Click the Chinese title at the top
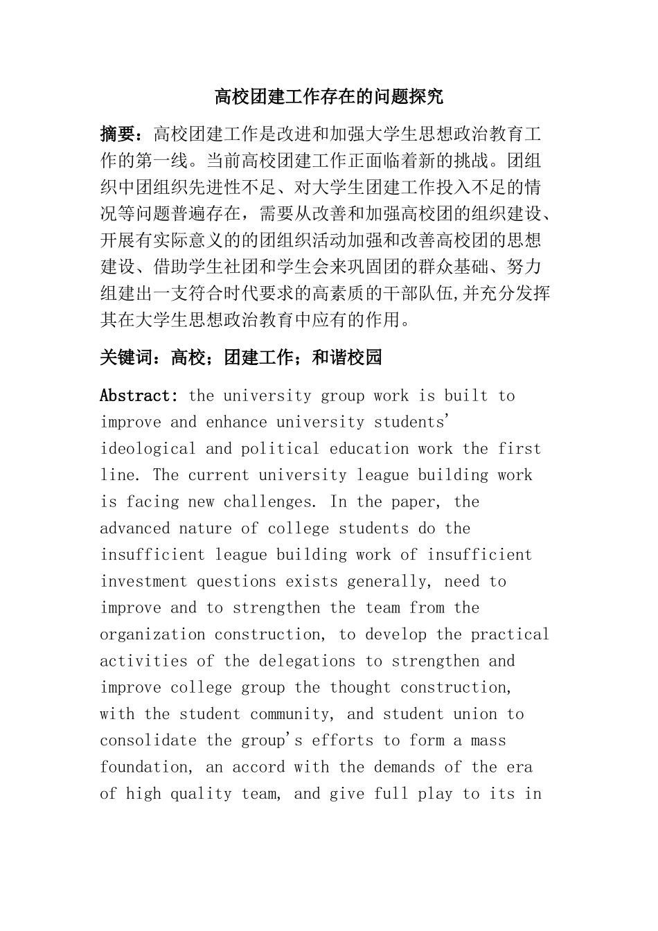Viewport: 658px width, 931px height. click(329, 96)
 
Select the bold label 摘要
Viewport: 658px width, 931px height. click(117, 134)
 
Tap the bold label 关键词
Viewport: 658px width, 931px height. click(126, 357)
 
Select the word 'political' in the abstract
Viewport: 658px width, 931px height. click(280, 449)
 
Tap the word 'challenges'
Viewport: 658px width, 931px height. click(267, 502)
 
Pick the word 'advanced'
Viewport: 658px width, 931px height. click(134, 529)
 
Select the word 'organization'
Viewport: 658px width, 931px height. click(152, 635)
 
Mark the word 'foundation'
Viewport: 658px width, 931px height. click(143, 767)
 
